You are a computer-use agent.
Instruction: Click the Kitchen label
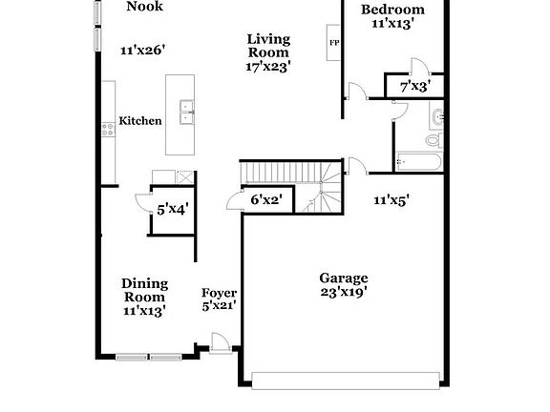139,121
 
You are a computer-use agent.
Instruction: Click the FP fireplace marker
333,44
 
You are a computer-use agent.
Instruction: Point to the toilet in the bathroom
433,140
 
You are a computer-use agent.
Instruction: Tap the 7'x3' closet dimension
415,87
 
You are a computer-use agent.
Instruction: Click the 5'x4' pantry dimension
173,208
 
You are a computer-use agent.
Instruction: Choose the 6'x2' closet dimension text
266,200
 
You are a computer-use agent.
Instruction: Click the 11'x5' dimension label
391,200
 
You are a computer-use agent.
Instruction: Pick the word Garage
343,278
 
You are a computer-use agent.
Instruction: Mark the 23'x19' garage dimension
343,293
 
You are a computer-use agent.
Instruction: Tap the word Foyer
219,293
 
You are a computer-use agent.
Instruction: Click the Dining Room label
144,290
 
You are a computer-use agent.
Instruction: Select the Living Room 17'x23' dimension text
268,67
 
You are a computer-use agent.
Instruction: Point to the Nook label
145,6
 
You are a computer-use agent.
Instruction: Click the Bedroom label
392,10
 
